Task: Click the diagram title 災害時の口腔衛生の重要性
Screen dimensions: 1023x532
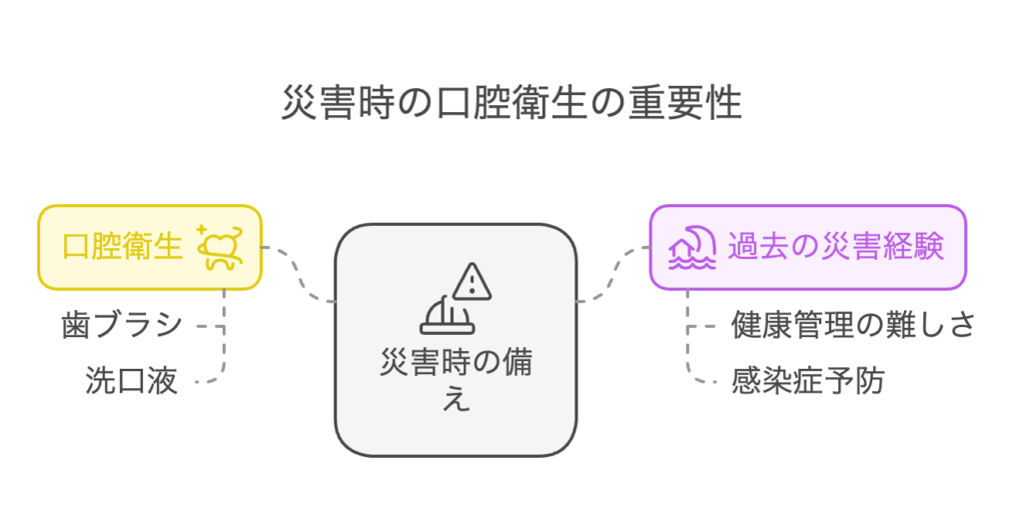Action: [x=511, y=103]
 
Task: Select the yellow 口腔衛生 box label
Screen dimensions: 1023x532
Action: [x=122, y=247]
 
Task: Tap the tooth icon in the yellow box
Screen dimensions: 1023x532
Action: [x=221, y=247]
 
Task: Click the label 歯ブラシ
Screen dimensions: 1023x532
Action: [x=121, y=324]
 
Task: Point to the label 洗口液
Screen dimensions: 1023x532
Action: [x=131, y=381]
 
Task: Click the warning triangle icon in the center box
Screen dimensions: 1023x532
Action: [x=472, y=281]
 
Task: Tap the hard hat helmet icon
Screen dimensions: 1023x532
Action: [x=447, y=316]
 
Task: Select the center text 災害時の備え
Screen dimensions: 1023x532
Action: [x=456, y=380]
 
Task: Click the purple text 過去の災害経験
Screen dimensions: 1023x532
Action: [x=836, y=247]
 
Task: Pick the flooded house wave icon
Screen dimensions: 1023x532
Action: [x=692, y=248]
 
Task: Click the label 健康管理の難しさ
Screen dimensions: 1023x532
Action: [x=853, y=324]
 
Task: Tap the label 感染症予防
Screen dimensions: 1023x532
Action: [x=807, y=381]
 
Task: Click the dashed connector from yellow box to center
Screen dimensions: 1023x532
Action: [x=298, y=274]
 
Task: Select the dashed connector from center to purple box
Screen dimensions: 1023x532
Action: [x=613, y=274]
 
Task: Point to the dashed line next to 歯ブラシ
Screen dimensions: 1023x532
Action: [x=210, y=326]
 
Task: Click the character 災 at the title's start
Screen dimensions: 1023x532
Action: [x=300, y=103]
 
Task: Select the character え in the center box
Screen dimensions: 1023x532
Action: [x=456, y=398]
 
